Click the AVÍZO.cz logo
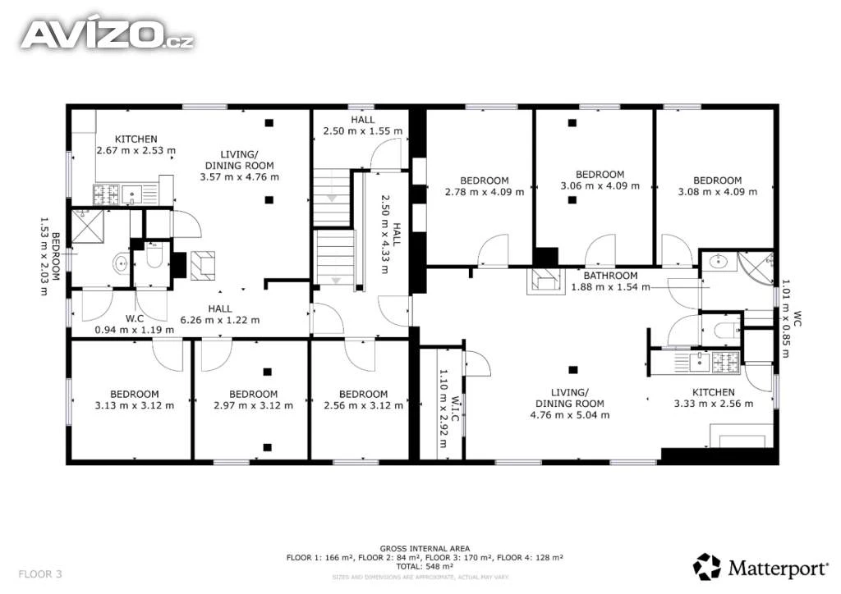point(107,34)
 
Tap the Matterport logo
point(761,567)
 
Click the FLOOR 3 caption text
point(40,574)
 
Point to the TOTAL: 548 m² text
point(425,566)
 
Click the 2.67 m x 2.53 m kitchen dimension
point(136,150)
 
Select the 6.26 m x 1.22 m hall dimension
point(220,320)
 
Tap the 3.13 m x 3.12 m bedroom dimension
point(135,405)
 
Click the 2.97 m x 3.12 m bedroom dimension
point(253,405)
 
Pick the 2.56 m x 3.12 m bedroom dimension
point(363,405)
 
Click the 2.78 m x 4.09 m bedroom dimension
point(485,192)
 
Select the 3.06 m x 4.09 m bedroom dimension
point(600,186)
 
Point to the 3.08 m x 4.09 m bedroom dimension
point(718,192)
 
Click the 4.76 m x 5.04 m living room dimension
point(570,414)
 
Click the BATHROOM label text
point(610,276)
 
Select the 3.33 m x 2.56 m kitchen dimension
point(714,404)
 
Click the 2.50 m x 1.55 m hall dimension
point(362,130)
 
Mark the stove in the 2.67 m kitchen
point(106,194)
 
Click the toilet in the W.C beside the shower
point(154,258)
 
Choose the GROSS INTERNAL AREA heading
point(425,549)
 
